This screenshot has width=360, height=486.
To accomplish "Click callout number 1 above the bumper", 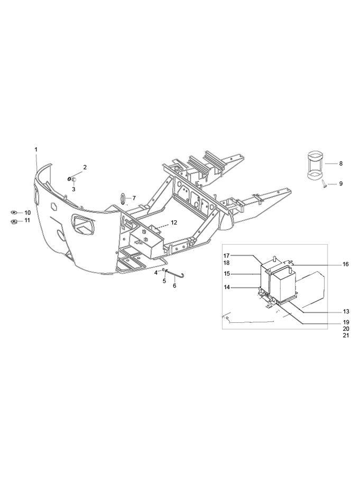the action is point(36,149).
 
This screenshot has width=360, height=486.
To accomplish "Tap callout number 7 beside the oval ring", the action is point(134,198).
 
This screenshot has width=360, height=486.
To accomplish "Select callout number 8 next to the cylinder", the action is point(341,163).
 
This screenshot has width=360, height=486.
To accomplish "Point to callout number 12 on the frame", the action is point(173,222).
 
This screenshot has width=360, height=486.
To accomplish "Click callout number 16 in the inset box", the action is point(346,264).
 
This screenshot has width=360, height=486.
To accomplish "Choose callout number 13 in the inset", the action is point(346,312).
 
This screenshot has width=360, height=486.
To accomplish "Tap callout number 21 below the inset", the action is point(346,335).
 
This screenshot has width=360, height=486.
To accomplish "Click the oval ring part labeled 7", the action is point(123,199).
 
